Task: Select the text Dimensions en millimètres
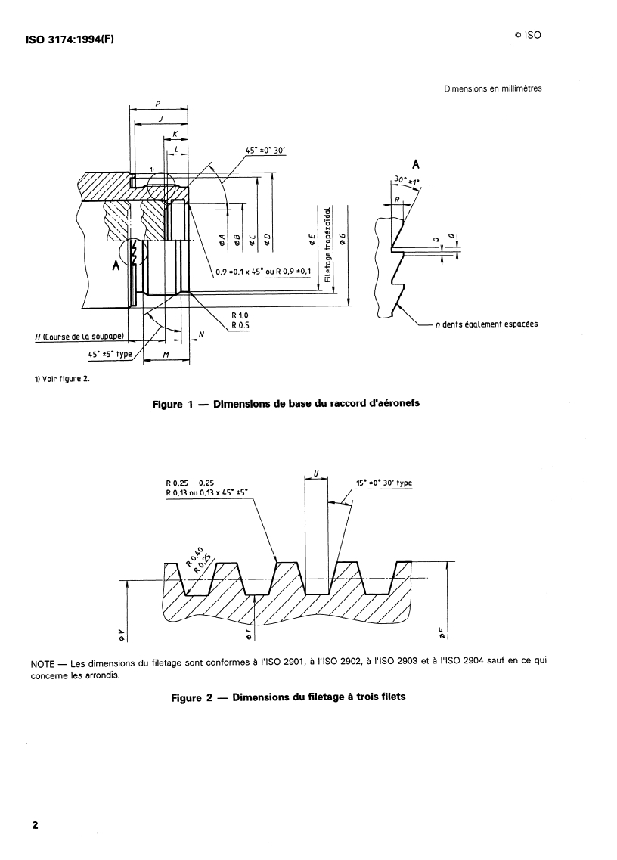pyautogui.click(x=492, y=88)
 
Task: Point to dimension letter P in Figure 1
pyautogui.click(x=157, y=104)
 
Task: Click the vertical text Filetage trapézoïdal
pyautogui.click(x=327, y=245)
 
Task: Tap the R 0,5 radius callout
pyautogui.click(x=240, y=325)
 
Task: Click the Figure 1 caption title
pyautogui.click(x=286, y=403)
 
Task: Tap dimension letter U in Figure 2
pyautogui.click(x=315, y=474)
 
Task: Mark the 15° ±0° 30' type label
pyautogui.click(x=384, y=483)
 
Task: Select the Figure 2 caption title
pyautogui.click(x=288, y=697)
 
